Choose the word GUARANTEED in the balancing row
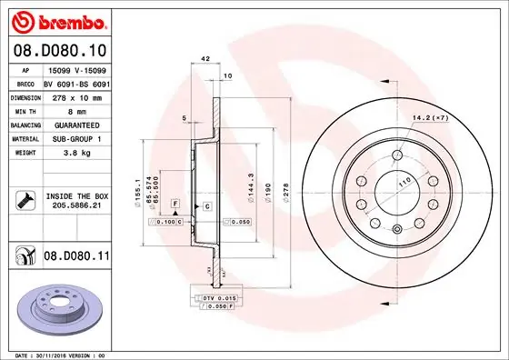click(x=76, y=125)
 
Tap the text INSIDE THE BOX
click(x=76, y=196)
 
